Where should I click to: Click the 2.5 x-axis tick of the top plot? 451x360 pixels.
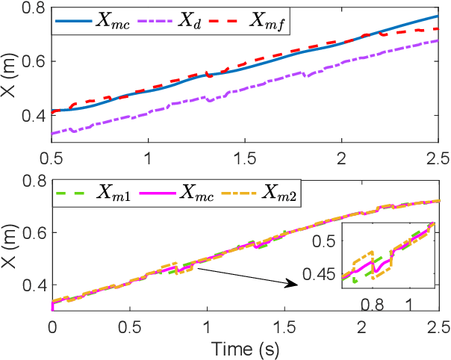point(437,160)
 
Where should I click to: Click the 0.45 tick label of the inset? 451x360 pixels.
point(318,273)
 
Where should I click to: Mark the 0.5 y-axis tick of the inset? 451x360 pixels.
point(323,240)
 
